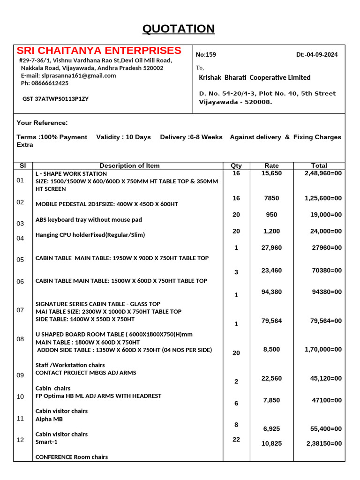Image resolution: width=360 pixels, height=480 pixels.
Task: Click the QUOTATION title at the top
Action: coord(179,29)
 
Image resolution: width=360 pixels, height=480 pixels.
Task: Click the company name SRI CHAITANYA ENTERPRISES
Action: coord(99,51)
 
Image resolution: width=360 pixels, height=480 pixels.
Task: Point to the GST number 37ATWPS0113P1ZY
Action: coord(55,99)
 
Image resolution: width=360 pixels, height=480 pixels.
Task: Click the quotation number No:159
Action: coord(206,54)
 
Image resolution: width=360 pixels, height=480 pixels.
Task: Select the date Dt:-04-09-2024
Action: coord(317,54)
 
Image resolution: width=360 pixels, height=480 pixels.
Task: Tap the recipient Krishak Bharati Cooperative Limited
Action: coord(255,77)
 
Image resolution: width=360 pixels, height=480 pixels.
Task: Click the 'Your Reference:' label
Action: coord(42,123)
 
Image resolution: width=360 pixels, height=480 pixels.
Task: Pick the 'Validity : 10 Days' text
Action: coord(123,137)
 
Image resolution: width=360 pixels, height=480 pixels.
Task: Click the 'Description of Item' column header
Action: coord(129,165)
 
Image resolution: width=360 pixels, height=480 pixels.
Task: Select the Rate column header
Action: coord(271,165)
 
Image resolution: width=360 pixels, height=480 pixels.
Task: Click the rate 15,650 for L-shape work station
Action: coord(271,173)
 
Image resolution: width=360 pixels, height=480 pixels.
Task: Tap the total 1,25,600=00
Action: coord(323,198)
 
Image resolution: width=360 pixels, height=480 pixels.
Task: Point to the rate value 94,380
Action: coord(271,292)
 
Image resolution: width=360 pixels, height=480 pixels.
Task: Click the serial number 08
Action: coord(20,338)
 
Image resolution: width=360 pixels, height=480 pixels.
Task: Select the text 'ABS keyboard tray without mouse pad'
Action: coord(89,219)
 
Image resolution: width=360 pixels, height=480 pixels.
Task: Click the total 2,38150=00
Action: coord(324,443)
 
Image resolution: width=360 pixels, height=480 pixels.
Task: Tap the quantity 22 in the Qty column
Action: coord(236,439)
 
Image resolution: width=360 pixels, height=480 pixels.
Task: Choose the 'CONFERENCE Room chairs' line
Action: coord(72,457)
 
